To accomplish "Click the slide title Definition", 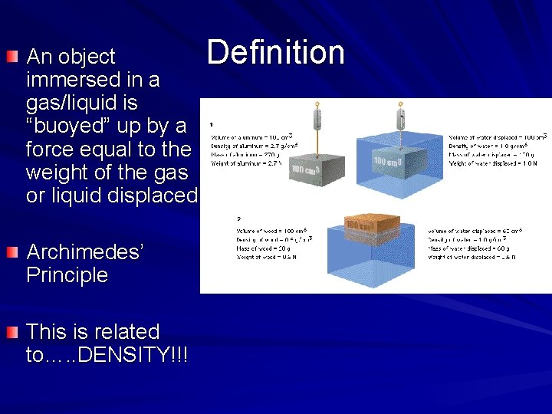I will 275,53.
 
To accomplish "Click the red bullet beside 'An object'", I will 11,57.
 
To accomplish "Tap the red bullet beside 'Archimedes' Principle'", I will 11,252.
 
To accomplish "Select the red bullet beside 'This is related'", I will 11,332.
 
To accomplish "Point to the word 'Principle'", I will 67,275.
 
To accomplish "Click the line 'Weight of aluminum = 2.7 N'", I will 248,163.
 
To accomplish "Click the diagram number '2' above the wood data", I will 238,219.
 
